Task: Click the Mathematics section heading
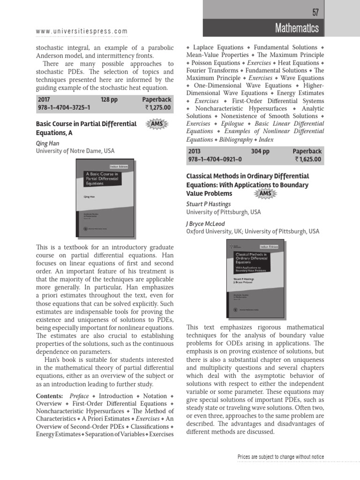[297, 28]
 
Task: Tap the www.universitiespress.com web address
[82, 32]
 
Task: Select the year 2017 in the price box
[44, 99]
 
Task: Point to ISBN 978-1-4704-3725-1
[63, 107]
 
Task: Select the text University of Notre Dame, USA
[75, 151]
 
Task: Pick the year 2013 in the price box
[194, 151]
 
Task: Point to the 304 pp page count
[261, 151]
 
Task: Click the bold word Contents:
[50, 396]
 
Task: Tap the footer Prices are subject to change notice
[280, 457]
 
